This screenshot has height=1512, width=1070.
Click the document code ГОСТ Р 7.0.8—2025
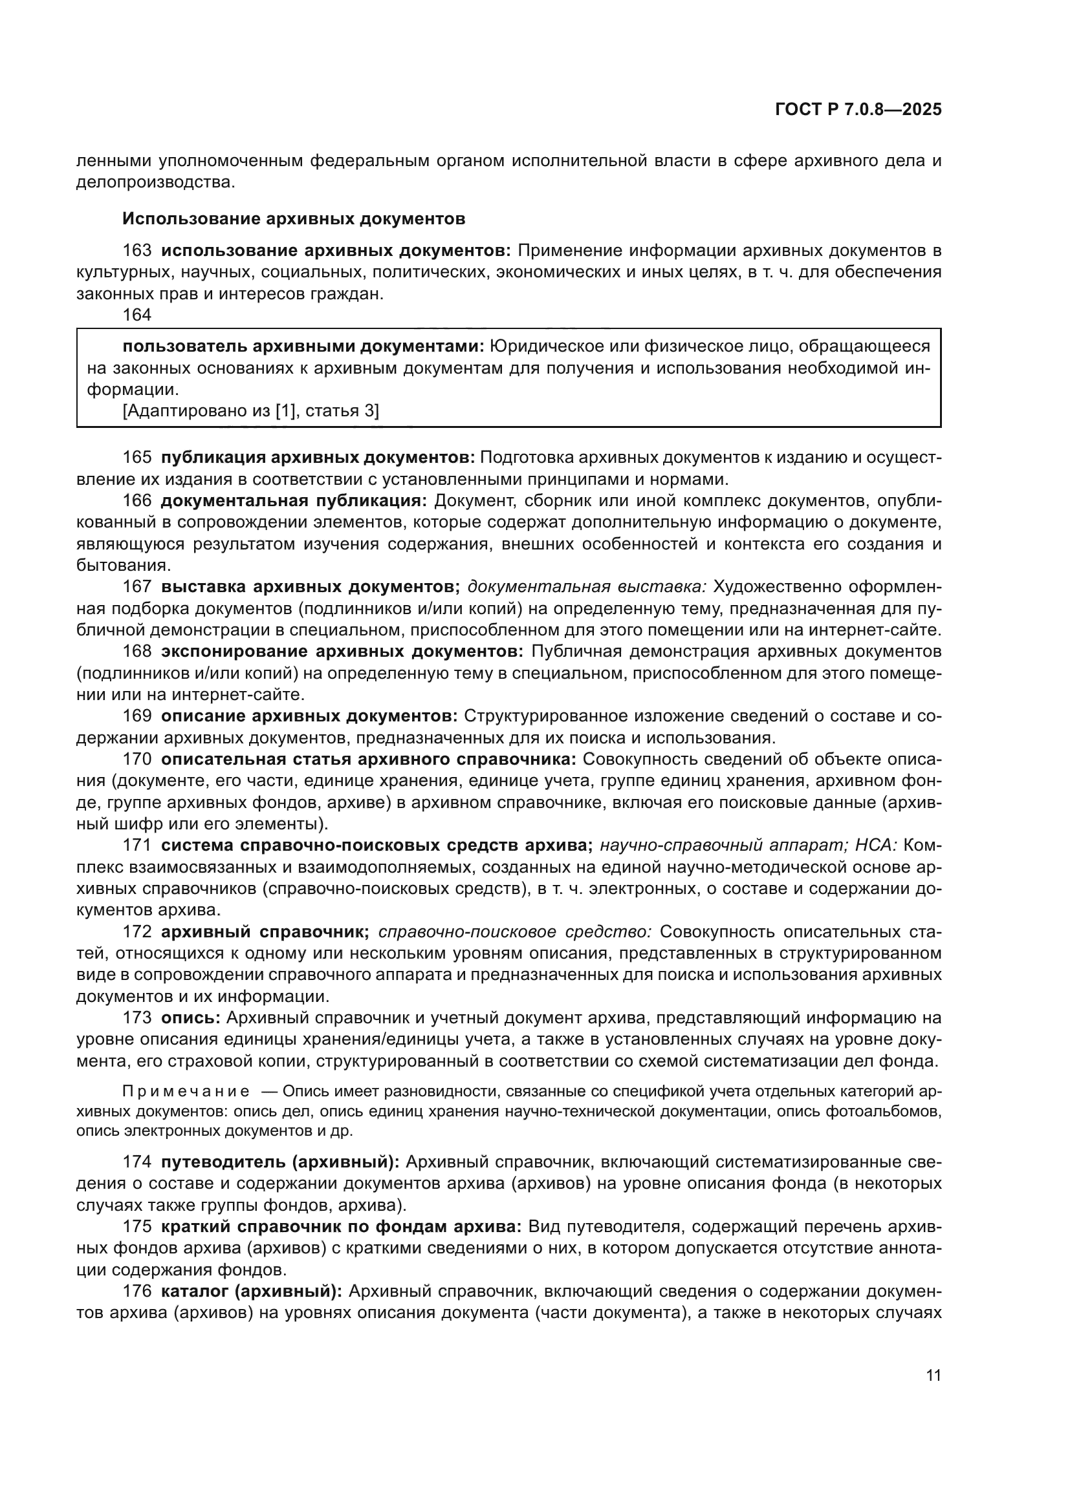coord(858,109)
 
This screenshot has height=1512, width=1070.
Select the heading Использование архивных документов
coord(294,218)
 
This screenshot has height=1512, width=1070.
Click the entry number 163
coord(137,251)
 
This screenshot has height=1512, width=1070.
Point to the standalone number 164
coord(137,315)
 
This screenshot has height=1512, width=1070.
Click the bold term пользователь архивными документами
coord(303,346)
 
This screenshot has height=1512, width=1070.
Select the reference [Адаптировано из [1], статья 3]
coord(250,411)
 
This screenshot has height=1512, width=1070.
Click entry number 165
coord(137,458)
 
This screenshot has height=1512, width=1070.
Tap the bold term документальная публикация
coord(294,500)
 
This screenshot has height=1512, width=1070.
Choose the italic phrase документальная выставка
coord(586,587)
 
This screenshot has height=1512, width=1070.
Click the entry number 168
coord(137,652)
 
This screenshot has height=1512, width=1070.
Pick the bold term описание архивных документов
coord(309,716)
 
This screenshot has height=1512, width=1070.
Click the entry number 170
coord(137,760)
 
